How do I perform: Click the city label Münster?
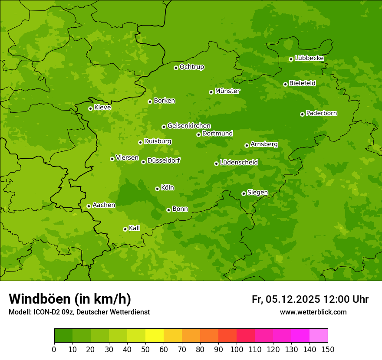[227, 91]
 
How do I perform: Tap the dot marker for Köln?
[157, 189]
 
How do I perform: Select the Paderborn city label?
[321, 113]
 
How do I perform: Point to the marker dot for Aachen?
[89, 206]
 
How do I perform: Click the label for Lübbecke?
[309, 58]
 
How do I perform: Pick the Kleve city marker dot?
[90, 108]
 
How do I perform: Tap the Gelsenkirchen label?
[189, 126]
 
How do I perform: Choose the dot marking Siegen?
[244, 193]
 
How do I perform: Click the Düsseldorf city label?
[164, 160]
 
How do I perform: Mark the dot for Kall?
[125, 229]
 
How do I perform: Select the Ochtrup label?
[191, 67]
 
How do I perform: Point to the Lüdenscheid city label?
[239, 163]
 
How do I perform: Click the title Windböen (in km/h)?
[70, 299]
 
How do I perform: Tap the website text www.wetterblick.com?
[313, 312]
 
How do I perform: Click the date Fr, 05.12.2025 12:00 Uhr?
[310, 299]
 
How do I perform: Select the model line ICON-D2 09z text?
[79, 312]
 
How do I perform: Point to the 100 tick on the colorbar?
[237, 349]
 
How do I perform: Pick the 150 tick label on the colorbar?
[328, 349]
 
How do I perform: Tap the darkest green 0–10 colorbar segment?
[63, 336]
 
